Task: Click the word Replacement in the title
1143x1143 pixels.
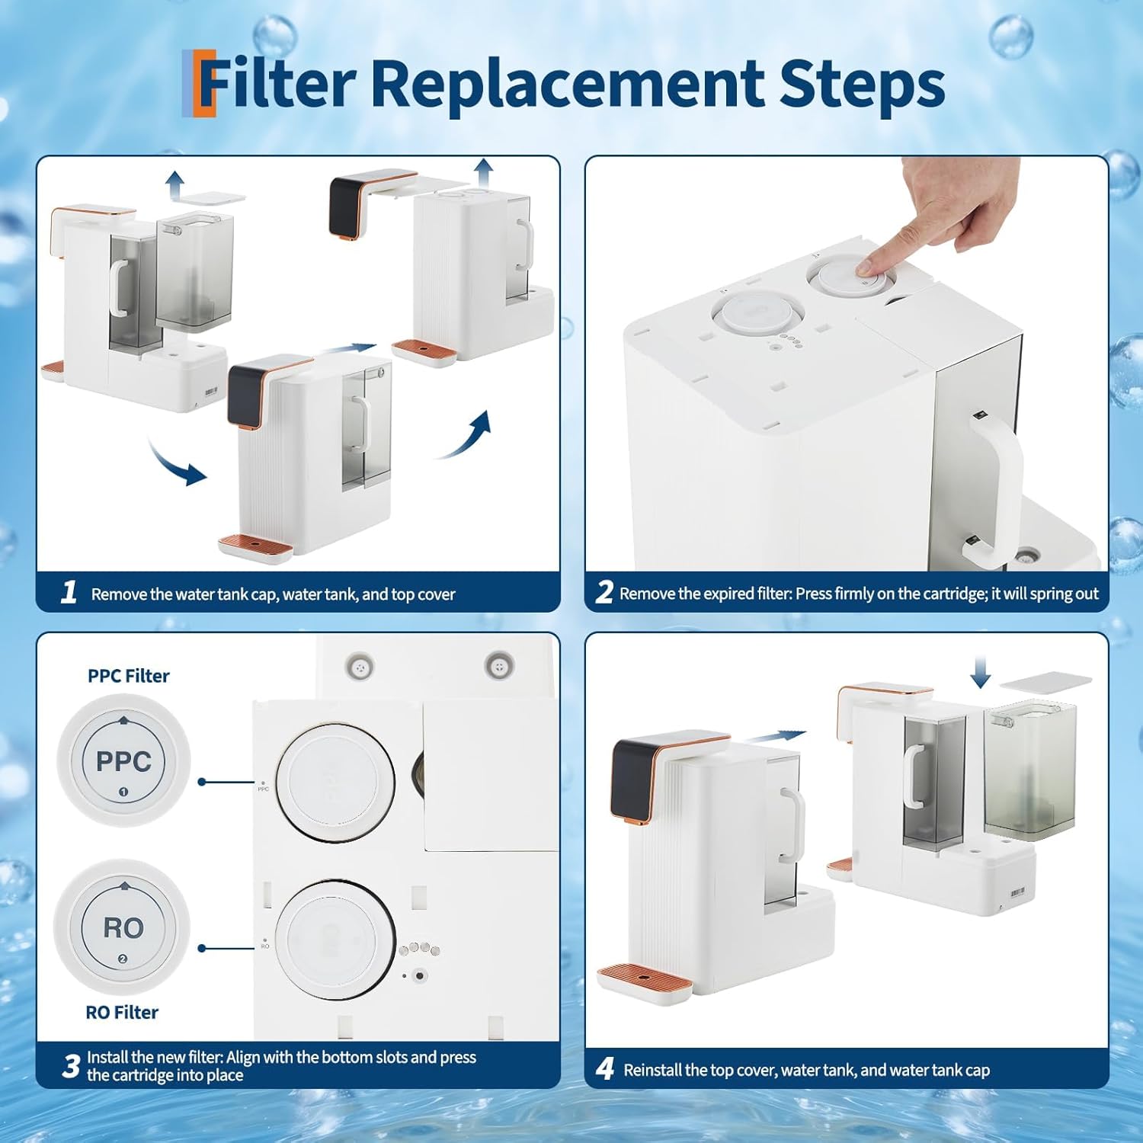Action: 568,84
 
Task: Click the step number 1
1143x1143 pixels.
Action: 69,592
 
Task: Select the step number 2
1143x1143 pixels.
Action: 604,592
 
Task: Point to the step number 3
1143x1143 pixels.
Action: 71,1066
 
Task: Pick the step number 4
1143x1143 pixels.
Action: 605,1068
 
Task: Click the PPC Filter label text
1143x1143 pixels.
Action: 129,676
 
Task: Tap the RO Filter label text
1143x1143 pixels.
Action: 122,1013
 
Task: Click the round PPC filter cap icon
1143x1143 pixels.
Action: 123,761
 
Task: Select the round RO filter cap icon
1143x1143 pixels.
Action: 122,927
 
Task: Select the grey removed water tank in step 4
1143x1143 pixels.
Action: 1029,770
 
